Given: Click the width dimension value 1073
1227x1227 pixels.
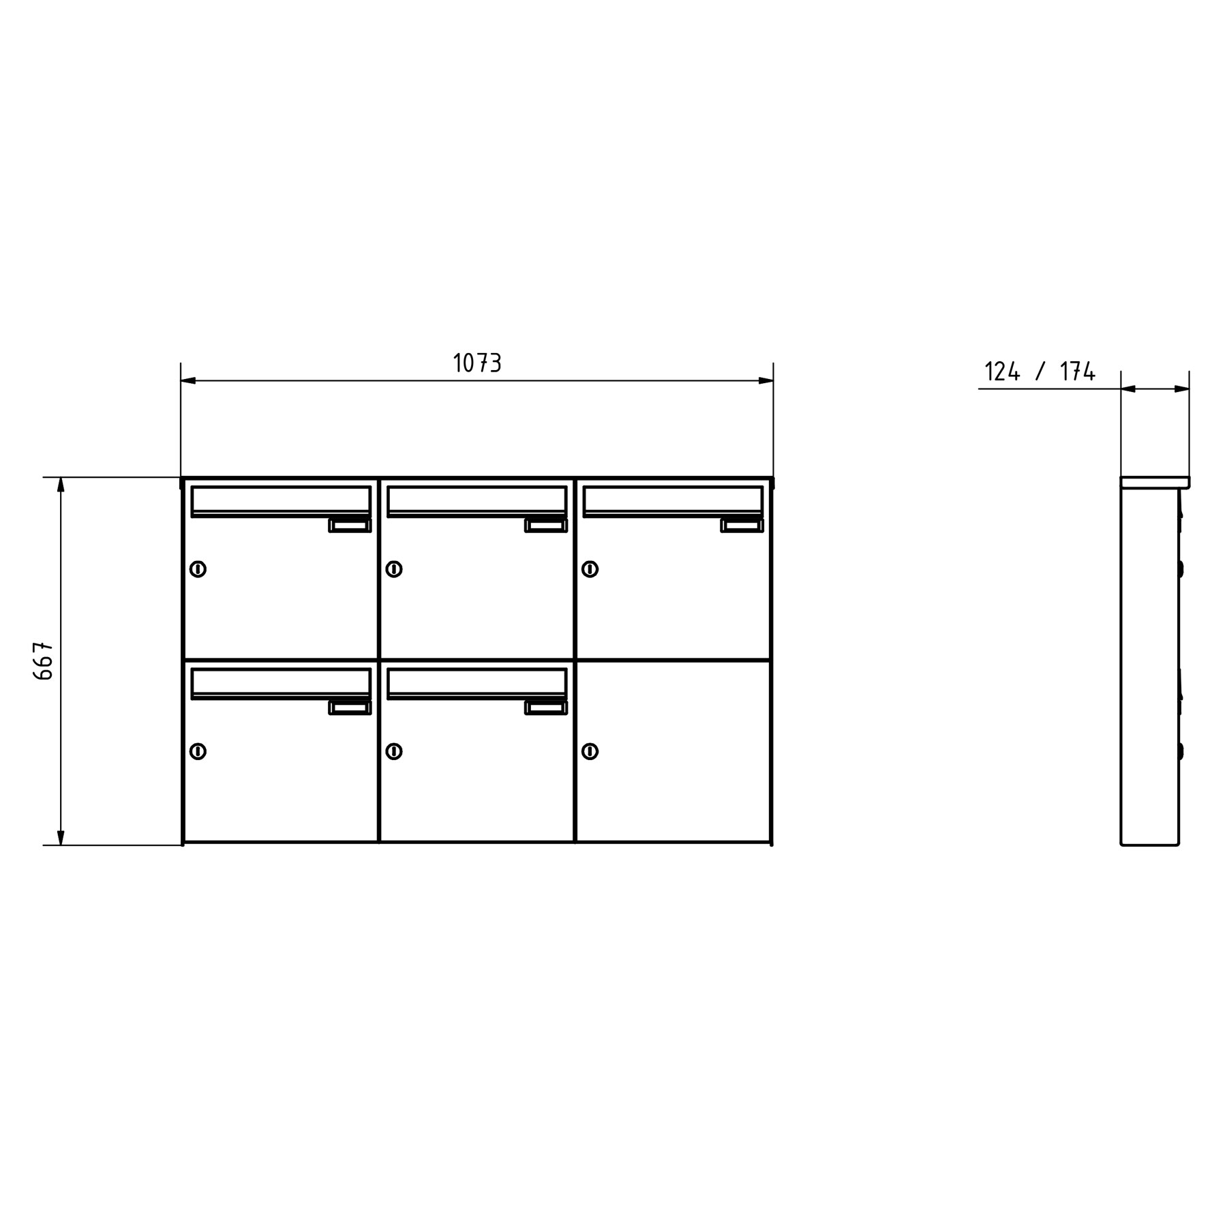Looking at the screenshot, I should pyautogui.click(x=477, y=363).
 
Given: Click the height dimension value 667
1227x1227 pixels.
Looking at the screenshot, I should pyautogui.click(x=43, y=660).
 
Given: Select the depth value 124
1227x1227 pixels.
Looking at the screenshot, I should pyautogui.click(x=1002, y=372).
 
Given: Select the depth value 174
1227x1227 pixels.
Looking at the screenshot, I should pyautogui.click(x=1077, y=372).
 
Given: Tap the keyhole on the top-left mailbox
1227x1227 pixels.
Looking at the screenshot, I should pyautogui.click(x=198, y=569).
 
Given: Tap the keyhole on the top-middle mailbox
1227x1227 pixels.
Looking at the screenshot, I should pyautogui.click(x=394, y=569).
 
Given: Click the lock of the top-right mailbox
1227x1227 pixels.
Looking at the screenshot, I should pyautogui.click(x=590, y=569).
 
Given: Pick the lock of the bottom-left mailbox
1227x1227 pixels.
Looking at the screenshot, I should pyautogui.click(x=198, y=751).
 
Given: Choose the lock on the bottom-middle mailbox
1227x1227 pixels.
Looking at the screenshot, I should pyautogui.click(x=394, y=751).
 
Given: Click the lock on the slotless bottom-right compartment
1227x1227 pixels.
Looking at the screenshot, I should pyautogui.click(x=590, y=751).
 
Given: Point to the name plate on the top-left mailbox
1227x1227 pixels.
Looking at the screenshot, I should pyautogui.click(x=350, y=526).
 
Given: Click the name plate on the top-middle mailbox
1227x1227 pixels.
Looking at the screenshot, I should pyautogui.click(x=546, y=526).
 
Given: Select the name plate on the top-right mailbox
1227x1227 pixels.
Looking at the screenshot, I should pyautogui.click(x=742, y=526).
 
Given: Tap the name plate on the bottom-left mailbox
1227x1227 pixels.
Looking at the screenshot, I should pyautogui.click(x=350, y=708).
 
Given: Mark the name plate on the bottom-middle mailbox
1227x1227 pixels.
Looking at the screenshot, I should pyautogui.click(x=546, y=708).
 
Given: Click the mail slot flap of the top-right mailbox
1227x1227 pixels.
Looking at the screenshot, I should pyautogui.click(x=673, y=500).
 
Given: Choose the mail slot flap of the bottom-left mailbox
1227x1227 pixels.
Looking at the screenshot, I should pyautogui.click(x=281, y=682).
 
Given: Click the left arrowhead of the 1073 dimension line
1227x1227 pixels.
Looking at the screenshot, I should pyautogui.click(x=188, y=380).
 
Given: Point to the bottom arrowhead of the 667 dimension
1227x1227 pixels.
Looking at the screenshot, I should pyautogui.click(x=61, y=838).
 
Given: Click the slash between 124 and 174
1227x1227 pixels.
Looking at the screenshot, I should pyautogui.click(x=1040, y=372).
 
